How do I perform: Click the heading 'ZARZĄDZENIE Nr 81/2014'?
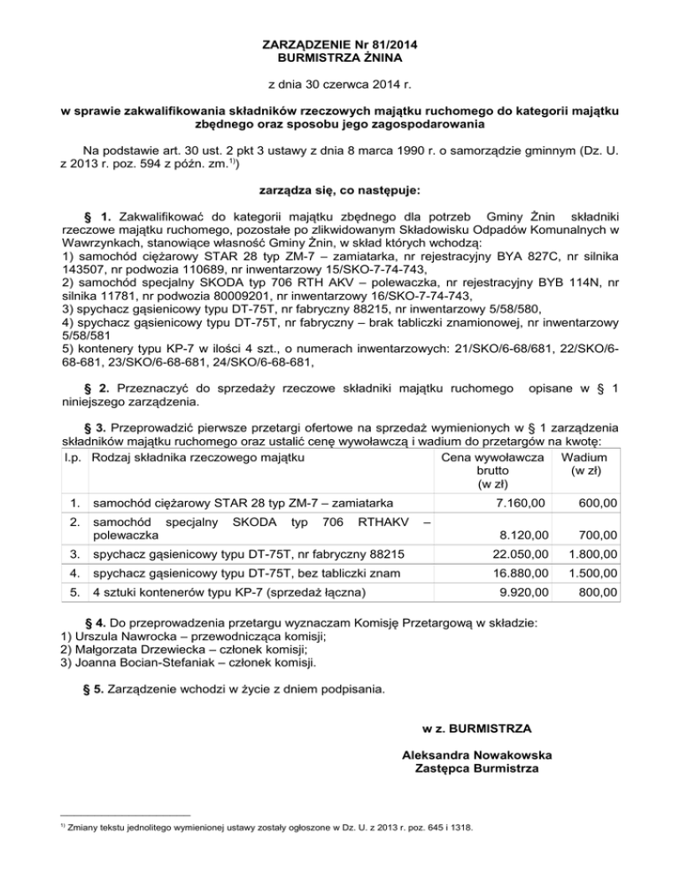coord(340,44)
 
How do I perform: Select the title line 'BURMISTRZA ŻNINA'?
coord(340,58)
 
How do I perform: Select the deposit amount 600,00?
coord(600,502)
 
